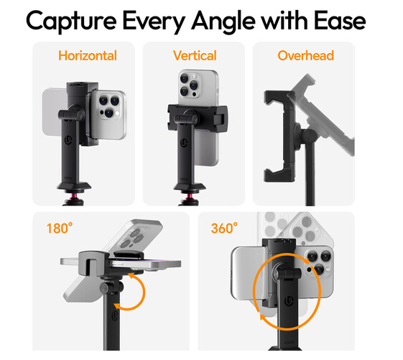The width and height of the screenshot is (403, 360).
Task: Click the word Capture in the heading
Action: (x=71, y=22)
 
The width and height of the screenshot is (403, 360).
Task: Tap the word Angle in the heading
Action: (x=223, y=22)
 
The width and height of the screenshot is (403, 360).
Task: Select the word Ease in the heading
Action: (x=340, y=21)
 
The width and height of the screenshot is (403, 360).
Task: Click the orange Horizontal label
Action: (x=88, y=55)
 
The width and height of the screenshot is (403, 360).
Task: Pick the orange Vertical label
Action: (x=195, y=55)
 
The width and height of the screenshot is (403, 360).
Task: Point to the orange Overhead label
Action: (x=305, y=55)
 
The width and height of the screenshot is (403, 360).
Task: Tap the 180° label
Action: (x=60, y=228)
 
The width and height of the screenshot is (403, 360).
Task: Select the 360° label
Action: (x=224, y=228)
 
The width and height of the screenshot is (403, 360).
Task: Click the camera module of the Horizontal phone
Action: (x=109, y=106)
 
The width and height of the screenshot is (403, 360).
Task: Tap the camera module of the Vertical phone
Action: (x=189, y=85)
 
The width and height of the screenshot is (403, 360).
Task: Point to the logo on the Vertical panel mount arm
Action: (x=184, y=143)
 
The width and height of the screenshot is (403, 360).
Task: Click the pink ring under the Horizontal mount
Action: (x=73, y=197)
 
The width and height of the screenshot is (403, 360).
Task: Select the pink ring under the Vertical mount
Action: (x=190, y=197)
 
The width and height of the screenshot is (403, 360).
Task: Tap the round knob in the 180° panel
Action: (x=105, y=288)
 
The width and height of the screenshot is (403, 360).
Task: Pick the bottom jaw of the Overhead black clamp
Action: (x=279, y=175)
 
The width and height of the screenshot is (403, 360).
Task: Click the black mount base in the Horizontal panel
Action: (x=74, y=187)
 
